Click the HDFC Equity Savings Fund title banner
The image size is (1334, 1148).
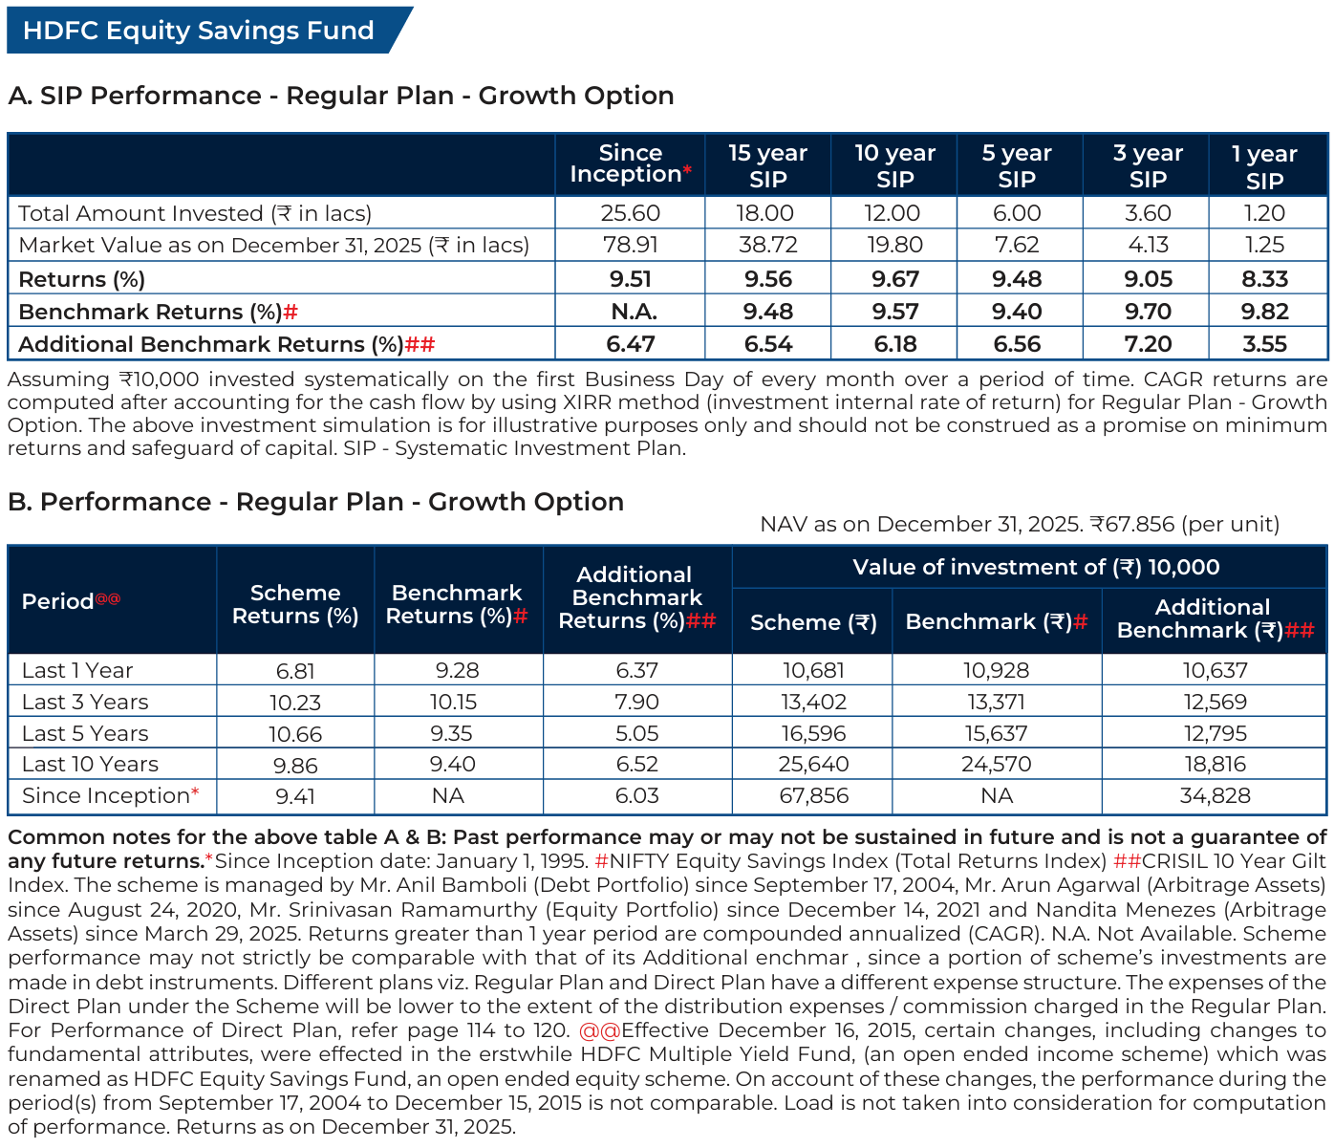pyautogui.click(x=199, y=31)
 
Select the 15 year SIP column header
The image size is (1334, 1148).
pyautogui.click(x=767, y=165)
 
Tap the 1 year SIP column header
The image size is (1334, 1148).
pyautogui.click(x=1264, y=166)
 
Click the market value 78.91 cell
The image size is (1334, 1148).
pyautogui.click(x=630, y=245)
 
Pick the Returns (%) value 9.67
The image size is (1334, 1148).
pyautogui.click(x=894, y=279)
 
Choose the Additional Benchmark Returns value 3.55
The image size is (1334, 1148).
pyautogui.click(x=1264, y=344)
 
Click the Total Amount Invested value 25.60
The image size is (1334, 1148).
pyautogui.click(x=630, y=213)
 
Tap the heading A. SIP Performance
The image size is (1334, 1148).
pyautogui.click(x=341, y=96)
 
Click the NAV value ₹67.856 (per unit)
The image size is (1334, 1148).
pyautogui.click(x=1184, y=524)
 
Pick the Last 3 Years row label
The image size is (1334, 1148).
pyautogui.click(x=85, y=702)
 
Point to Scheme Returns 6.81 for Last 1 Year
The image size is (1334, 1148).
pyautogui.click(x=294, y=671)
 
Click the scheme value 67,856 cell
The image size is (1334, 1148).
pyautogui.click(x=813, y=795)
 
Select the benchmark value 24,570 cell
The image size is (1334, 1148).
pyautogui.click(x=996, y=764)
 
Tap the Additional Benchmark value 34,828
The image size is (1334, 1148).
pyautogui.click(x=1215, y=795)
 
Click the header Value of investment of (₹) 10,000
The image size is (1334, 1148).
pyautogui.click(x=1036, y=567)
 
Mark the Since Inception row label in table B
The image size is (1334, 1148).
pyautogui.click(x=110, y=795)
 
